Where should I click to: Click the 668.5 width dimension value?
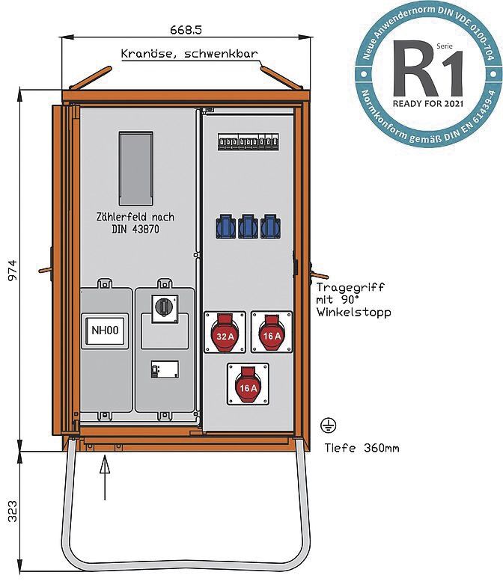pyautogui.click(x=186, y=29)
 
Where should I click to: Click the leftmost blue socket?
pyautogui.click(x=225, y=226)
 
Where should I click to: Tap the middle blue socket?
pyautogui.click(x=248, y=226)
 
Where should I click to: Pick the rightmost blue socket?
pyautogui.click(x=270, y=226)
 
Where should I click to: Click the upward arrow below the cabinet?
pyautogui.click(x=105, y=479)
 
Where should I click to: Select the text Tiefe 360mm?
pyautogui.click(x=362, y=449)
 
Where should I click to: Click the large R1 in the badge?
pyautogui.click(x=427, y=73)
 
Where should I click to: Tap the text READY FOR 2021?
pyautogui.click(x=428, y=103)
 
